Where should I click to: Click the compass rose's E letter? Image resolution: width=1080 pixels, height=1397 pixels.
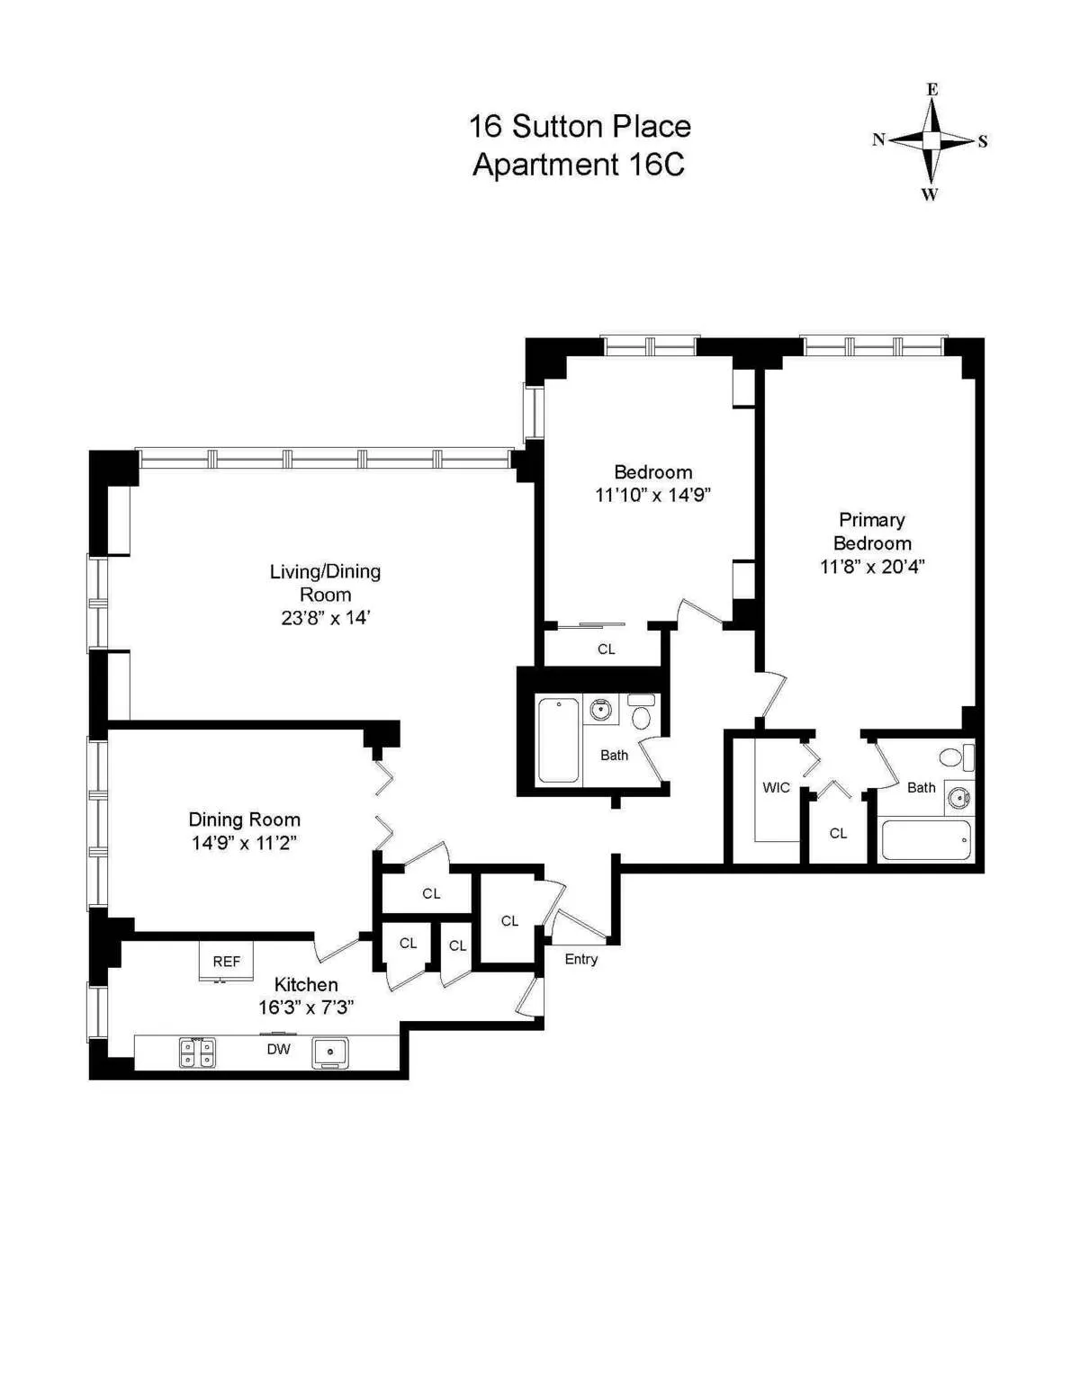tap(932, 89)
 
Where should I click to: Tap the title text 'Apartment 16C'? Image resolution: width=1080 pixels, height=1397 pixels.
tap(579, 166)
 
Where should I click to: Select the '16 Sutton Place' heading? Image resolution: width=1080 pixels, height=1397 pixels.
tap(579, 126)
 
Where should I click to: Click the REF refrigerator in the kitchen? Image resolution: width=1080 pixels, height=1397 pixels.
tap(226, 962)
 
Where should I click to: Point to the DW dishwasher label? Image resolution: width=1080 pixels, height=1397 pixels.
tap(278, 1049)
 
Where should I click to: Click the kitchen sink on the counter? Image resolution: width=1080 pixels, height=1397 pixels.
tap(330, 1052)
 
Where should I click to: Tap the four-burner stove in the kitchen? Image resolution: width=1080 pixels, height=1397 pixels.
tap(197, 1052)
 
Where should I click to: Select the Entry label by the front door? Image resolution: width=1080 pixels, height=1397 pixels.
tap(580, 959)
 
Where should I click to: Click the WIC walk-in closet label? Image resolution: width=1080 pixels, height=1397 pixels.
tap(776, 788)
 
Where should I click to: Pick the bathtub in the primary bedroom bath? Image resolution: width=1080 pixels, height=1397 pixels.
tap(926, 840)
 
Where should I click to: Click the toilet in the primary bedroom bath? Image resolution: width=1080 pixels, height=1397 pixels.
tap(952, 757)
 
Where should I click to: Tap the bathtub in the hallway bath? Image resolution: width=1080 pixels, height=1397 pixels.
tap(558, 740)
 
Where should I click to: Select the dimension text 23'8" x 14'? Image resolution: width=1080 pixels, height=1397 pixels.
tap(326, 618)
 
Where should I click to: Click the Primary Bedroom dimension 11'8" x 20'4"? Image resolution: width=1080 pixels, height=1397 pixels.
tap(871, 567)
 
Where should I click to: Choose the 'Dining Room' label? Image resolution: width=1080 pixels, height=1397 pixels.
tap(244, 819)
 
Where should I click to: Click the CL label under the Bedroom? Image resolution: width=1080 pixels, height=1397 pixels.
tap(606, 649)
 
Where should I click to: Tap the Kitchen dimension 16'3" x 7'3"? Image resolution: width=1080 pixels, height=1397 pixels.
tap(306, 1007)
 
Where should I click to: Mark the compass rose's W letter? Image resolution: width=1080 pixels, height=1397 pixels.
tap(930, 194)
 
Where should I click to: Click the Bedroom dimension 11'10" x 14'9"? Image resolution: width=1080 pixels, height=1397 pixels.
tap(652, 495)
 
